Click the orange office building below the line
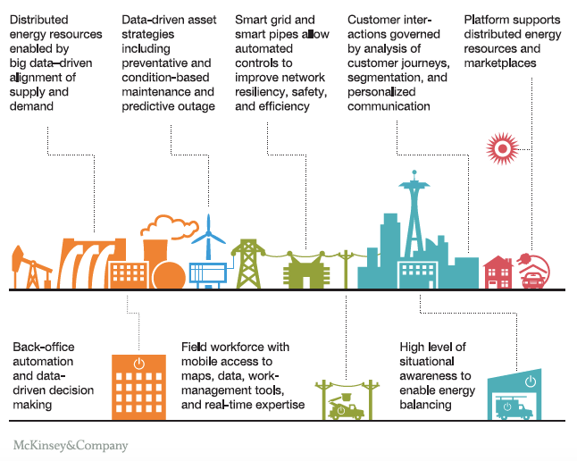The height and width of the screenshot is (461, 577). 138,387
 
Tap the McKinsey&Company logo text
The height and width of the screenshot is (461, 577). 71,445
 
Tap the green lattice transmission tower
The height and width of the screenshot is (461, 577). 247,263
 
